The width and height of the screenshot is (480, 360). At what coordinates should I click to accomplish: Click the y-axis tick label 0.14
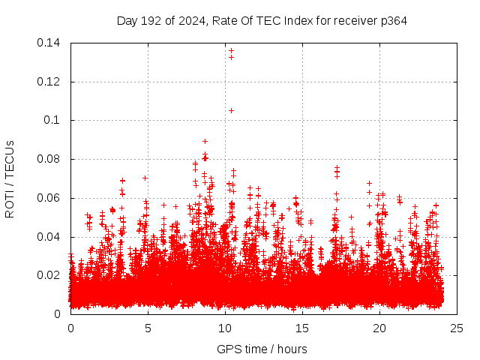49,43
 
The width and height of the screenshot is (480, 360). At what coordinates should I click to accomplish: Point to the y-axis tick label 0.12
49,82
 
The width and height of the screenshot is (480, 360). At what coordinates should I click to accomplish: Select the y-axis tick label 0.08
49,160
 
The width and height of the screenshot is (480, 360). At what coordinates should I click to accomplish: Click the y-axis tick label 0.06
49,199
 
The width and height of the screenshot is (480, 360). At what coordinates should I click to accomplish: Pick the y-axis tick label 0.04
49,237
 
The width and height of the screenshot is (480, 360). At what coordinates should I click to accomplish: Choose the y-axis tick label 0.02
49,276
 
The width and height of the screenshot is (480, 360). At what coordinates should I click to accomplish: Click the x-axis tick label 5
148,328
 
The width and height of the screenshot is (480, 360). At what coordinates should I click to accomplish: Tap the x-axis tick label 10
225,328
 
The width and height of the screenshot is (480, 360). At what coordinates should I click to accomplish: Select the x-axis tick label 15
302,328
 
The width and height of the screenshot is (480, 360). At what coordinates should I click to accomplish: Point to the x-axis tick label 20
379,328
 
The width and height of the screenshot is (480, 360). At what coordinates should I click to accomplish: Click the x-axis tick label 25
457,328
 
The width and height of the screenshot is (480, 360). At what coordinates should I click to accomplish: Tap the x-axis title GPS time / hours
262,349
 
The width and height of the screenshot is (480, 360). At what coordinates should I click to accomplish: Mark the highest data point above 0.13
231,51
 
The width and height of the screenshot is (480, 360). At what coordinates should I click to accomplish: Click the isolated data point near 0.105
231,110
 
